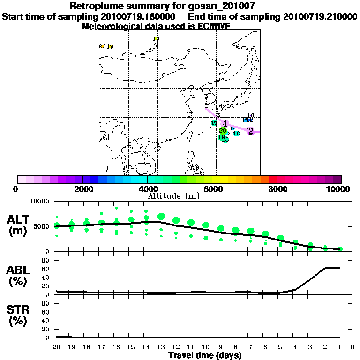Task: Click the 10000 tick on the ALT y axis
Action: [x=40, y=202]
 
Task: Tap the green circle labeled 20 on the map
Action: [x=223, y=131]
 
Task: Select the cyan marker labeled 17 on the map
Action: [x=214, y=123]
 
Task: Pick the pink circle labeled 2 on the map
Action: [x=250, y=131]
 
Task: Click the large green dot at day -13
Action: [x=161, y=217]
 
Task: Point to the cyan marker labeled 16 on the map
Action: [x=237, y=134]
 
